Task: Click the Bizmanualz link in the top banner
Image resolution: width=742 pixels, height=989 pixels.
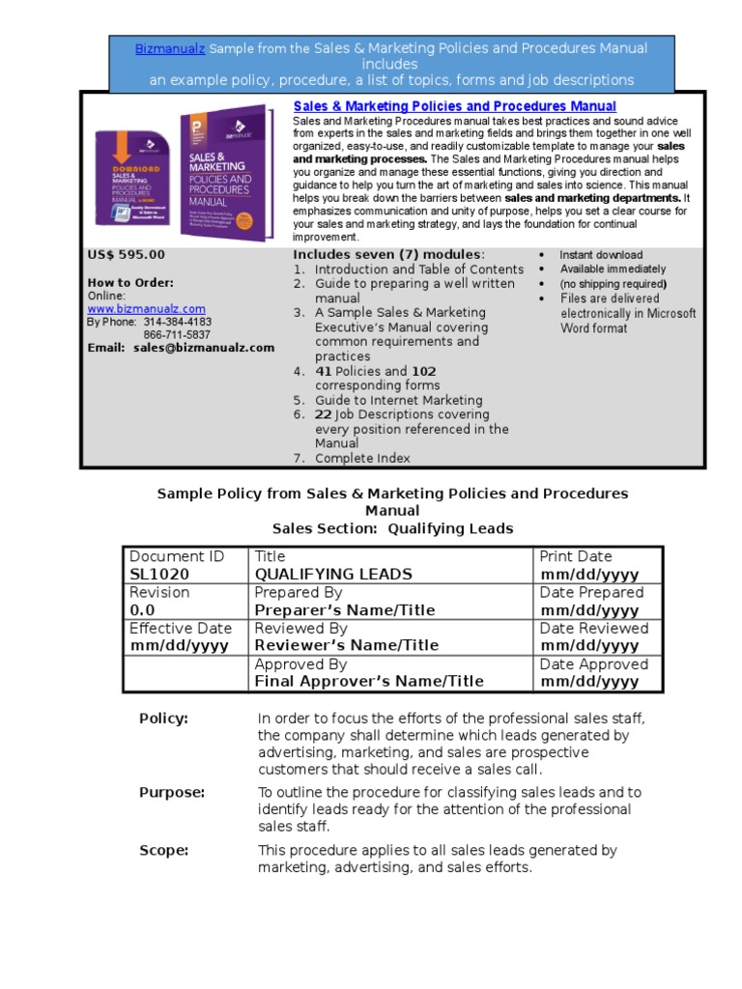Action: (x=169, y=48)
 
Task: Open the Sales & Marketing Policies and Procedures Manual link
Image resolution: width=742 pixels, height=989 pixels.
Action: (x=454, y=106)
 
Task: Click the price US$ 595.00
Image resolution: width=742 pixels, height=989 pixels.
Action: (x=126, y=255)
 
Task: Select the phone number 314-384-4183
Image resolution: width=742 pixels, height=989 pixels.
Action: (x=177, y=323)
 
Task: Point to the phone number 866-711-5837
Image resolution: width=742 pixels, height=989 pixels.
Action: (x=177, y=335)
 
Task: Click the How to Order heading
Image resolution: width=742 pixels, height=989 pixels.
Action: (x=130, y=283)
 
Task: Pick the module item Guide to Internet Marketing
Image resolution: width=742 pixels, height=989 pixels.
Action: (x=398, y=400)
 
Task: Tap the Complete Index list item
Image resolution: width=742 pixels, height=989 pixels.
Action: (x=362, y=458)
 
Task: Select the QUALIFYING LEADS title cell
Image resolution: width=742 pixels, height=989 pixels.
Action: (x=332, y=574)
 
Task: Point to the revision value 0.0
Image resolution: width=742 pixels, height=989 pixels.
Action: (x=142, y=610)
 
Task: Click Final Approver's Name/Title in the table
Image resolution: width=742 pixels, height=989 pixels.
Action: (x=368, y=682)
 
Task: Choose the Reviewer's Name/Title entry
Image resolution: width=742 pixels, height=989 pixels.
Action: (x=346, y=645)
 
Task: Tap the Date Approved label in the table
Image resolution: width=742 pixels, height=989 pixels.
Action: (x=593, y=664)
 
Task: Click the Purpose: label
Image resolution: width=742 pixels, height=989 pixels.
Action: (x=172, y=792)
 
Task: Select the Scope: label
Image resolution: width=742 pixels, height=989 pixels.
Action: (x=163, y=851)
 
